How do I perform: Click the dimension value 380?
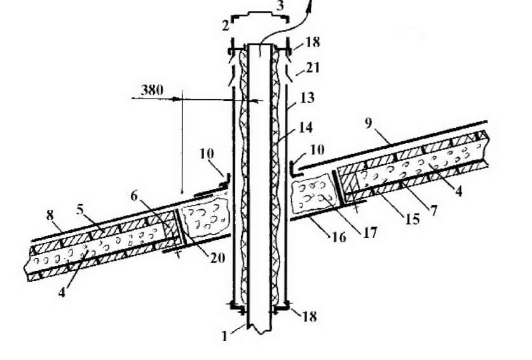(152, 90)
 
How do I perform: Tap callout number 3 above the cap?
(280, 6)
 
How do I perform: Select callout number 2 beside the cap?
(226, 25)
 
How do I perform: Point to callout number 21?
(313, 67)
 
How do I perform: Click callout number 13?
(308, 98)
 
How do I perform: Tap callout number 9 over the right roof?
(369, 123)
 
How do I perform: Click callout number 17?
(370, 233)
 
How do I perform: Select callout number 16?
(339, 237)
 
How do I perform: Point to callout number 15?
(413, 219)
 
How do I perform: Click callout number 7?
(433, 211)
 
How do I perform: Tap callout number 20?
(217, 258)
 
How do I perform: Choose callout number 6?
(134, 196)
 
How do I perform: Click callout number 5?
(79, 210)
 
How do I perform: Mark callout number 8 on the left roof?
(50, 216)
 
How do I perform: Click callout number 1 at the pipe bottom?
(224, 336)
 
